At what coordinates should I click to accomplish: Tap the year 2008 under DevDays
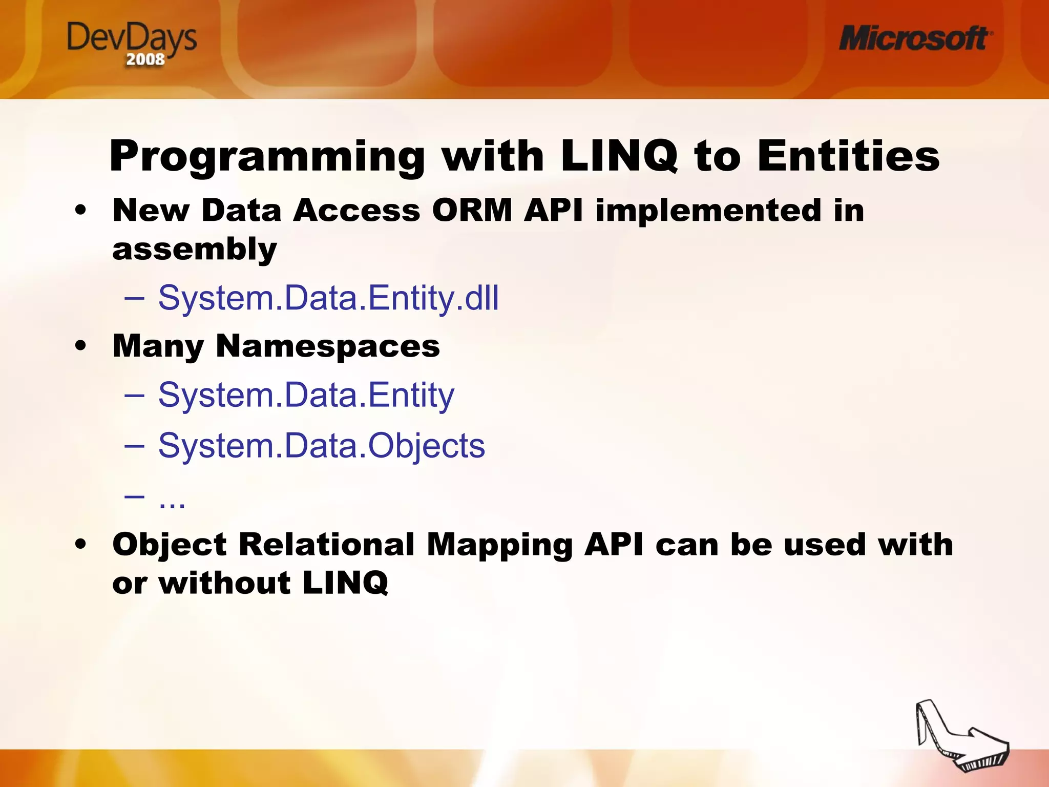coord(145,60)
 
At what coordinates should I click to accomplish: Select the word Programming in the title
coord(267,156)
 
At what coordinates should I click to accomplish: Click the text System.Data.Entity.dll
coord(328,298)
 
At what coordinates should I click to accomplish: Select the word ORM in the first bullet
coord(472,210)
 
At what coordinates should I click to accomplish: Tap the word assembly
coord(195,250)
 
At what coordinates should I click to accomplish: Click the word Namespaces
coord(328,346)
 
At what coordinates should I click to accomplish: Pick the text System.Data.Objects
coord(321,445)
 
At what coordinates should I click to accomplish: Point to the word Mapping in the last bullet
coord(499,544)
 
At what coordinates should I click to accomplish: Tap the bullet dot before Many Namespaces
coord(80,346)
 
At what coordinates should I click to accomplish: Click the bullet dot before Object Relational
coord(80,544)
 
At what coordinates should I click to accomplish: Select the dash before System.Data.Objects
coord(134,445)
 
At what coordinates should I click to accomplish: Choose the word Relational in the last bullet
coord(327,544)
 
